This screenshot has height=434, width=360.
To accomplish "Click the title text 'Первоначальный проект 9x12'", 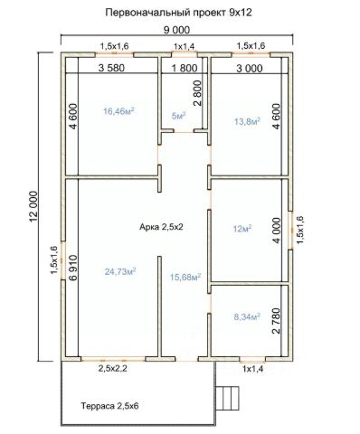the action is click(x=178, y=13).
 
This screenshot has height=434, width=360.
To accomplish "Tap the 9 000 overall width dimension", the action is click(x=176, y=30).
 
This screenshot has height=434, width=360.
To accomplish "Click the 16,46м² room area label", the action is click(x=118, y=111).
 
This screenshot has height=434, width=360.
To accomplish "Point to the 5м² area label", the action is click(x=178, y=116).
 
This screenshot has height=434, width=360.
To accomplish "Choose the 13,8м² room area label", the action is click(x=247, y=121).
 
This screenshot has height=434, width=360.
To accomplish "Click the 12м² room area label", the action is click(x=242, y=229).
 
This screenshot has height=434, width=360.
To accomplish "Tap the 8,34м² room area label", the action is click(x=247, y=316).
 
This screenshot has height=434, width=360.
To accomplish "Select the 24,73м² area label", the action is click(x=120, y=271).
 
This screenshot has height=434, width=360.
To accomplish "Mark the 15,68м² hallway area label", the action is click(x=185, y=277).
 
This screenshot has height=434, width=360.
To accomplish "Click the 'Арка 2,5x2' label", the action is click(x=161, y=227).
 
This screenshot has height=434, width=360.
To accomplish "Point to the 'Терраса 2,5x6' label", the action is click(x=109, y=406).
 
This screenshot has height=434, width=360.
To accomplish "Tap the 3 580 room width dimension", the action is click(x=111, y=68).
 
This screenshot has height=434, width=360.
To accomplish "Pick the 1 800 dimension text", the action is click(x=185, y=68).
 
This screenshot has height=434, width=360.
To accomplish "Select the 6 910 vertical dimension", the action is click(x=73, y=268).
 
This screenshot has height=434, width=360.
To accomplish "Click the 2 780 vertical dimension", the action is click(x=276, y=321).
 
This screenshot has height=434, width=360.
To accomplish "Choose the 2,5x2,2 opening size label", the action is click(x=112, y=368).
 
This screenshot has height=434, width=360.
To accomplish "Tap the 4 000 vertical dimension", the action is click(x=276, y=231).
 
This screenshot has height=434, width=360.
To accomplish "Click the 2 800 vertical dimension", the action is click(x=197, y=93).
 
